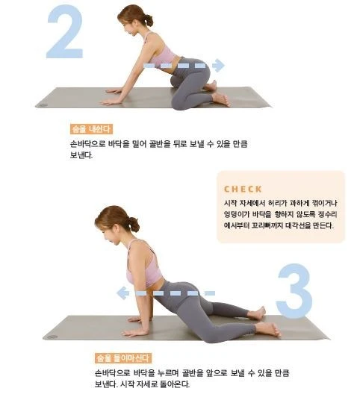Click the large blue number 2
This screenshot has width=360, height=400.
coord(65,32)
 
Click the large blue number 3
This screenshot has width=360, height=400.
coord(295,291)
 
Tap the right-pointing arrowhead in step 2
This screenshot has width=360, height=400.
coord(219,66)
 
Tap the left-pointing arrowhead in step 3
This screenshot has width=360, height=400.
coord(122,293)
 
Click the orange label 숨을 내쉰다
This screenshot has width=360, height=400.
coord(91,129)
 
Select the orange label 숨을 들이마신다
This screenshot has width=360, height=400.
coord(123,358)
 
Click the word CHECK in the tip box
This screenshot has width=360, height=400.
coord(243,190)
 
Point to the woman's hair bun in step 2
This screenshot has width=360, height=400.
coord(148,20)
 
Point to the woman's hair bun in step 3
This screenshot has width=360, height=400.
coord(134,225)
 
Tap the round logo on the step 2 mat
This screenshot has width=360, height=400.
coord(43,105)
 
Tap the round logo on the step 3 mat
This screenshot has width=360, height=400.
coord(52,337)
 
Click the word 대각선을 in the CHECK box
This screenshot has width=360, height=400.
coord(298,225)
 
